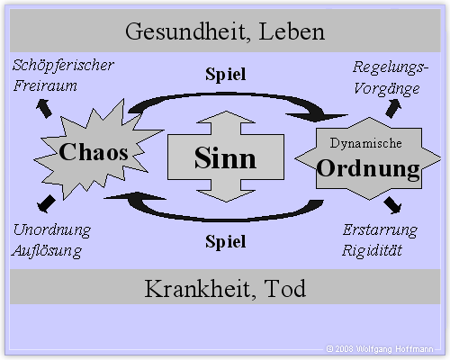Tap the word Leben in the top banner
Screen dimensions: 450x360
point(292,31)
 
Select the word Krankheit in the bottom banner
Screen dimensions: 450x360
point(201,289)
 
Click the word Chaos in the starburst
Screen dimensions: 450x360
point(94,152)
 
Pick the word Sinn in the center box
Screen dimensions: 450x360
point(225,158)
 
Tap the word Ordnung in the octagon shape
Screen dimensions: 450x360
point(368,169)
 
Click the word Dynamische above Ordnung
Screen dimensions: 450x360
point(366,143)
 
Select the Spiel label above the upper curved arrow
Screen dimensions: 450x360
point(226,75)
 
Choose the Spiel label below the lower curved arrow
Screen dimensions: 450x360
point(226,242)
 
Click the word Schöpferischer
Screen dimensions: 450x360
point(63,66)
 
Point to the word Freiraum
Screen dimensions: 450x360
point(45,85)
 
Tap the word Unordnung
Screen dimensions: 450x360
point(52,230)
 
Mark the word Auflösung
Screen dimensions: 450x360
point(47,251)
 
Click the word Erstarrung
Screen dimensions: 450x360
point(380,230)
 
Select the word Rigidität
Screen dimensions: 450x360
point(372,250)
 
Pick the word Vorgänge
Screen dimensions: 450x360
point(387,89)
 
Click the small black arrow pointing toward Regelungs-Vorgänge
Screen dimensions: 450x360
point(393,109)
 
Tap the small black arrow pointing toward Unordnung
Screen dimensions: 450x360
point(46,204)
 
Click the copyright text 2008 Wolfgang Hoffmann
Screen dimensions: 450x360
point(380,349)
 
